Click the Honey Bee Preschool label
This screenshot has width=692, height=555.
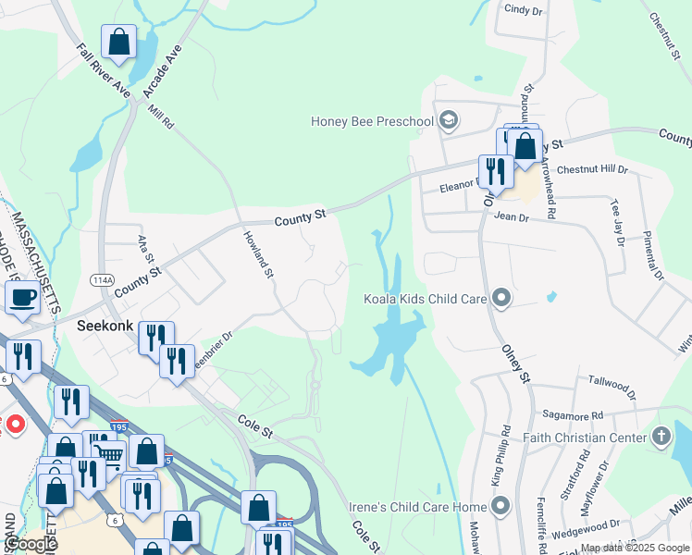[373, 121]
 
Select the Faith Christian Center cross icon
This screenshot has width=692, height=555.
[661, 436]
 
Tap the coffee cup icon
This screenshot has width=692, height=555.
[22, 298]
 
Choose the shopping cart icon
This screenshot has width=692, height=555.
[110, 454]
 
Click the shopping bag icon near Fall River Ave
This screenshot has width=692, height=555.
[119, 42]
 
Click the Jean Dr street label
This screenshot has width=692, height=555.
[512, 217]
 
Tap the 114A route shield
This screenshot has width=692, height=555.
[102, 278]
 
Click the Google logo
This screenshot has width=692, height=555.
[31, 545]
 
